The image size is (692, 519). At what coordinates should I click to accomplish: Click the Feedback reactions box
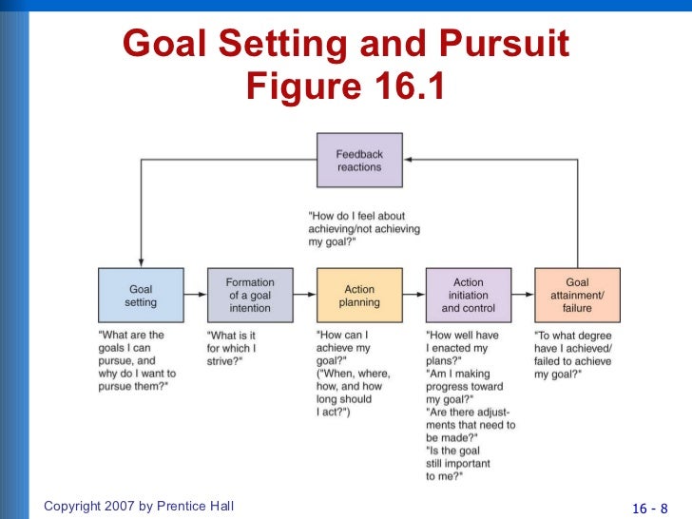coord(358,161)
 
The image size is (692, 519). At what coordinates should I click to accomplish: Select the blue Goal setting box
coord(141,296)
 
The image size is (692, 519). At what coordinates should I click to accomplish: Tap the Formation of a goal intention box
coord(250,296)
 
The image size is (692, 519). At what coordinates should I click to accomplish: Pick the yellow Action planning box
coord(359,296)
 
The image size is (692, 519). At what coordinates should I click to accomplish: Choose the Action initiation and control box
coord(468,296)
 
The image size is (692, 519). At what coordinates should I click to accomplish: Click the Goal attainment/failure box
coord(577,296)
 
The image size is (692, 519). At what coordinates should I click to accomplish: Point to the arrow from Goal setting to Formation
coord(195,296)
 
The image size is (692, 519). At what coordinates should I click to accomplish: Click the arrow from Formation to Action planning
coord(304,296)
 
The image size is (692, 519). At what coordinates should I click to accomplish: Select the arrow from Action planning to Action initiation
coord(413,296)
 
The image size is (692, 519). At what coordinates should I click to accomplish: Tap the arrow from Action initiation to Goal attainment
coord(523,296)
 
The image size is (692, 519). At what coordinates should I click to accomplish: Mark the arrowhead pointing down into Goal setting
coord(141,262)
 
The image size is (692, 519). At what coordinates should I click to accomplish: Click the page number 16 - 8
coord(650,507)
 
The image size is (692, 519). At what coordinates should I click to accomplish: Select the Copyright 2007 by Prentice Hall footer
coord(139,507)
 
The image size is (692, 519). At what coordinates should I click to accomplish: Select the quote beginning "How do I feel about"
coord(364,229)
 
